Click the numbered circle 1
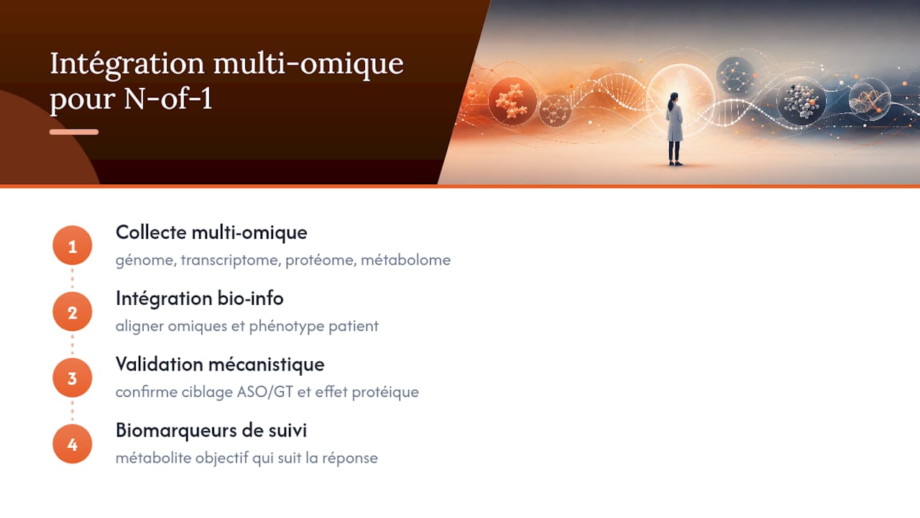pyautogui.click(x=73, y=245)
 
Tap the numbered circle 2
pyautogui.click(x=73, y=312)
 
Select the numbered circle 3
pyautogui.click(x=73, y=378)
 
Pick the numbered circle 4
pyautogui.click(x=73, y=444)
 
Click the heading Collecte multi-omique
pyautogui.click(x=211, y=233)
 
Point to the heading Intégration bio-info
pyautogui.click(x=200, y=299)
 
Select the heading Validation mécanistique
pyautogui.click(x=220, y=365)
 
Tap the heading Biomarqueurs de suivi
pyautogui.click(x=211, y=430)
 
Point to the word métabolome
pyautogui.click(x=405, y=260)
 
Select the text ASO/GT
pyautogui.click(x=265, y=392)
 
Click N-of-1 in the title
pyautogui.click(x=168, y=99)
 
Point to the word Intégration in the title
pyautogui.click(x=127, y=65)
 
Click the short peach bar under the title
pyautogui.click(x=74, y=132)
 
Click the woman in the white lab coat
pyautogui.click(x=674, y=129)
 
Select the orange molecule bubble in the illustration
pyautogui.click(x=512, y=101)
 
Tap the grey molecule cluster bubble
pyautogui.click(x=801, y=101)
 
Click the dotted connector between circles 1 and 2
pyautogui.click(x=73, y=278)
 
